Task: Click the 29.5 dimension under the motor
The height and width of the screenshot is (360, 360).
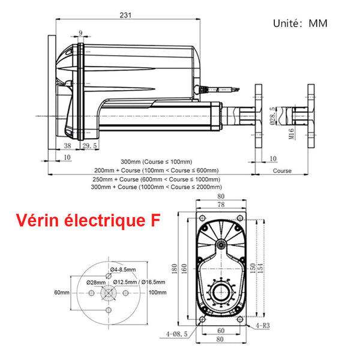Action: (x=90, y=146)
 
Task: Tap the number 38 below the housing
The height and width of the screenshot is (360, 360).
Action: (x=67, y=146)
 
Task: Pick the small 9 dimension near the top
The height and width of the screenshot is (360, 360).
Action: (x=80, y=34)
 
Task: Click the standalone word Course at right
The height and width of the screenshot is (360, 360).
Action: (x=282, y=171)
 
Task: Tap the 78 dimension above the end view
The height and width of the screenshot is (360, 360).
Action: (x=221, y=205)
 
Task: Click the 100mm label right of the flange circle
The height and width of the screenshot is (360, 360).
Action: (x=157, y=292)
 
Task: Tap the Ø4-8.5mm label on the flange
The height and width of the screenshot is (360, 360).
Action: (x=124, y=269)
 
